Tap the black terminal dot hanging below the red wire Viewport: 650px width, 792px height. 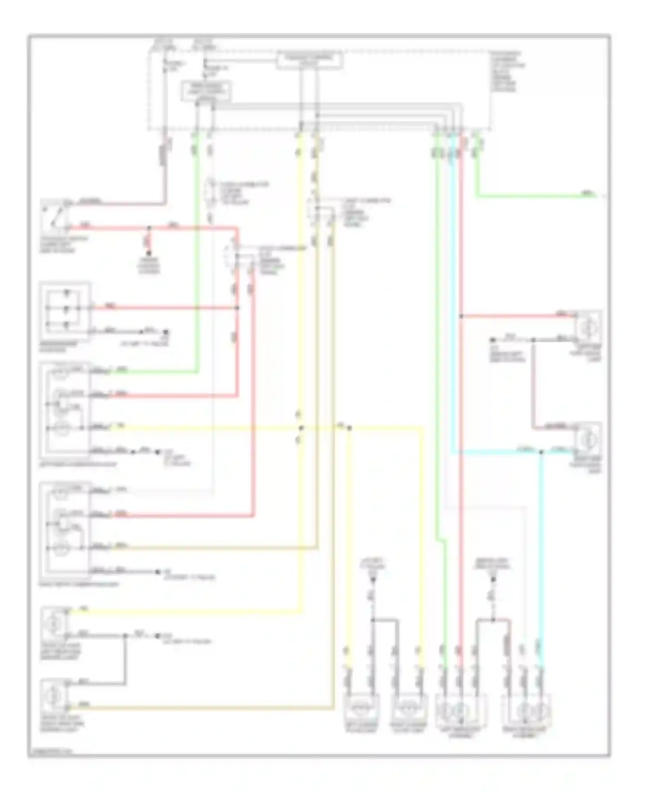(149, 253)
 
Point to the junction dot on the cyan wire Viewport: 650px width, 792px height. (541, 453)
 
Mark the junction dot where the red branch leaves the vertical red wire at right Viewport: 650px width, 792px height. (461, 317)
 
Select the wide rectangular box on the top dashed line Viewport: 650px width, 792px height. (310, 60)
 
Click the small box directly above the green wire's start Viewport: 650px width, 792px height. (205, 91)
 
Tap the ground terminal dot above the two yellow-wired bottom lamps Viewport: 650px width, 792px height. (372, 580)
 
